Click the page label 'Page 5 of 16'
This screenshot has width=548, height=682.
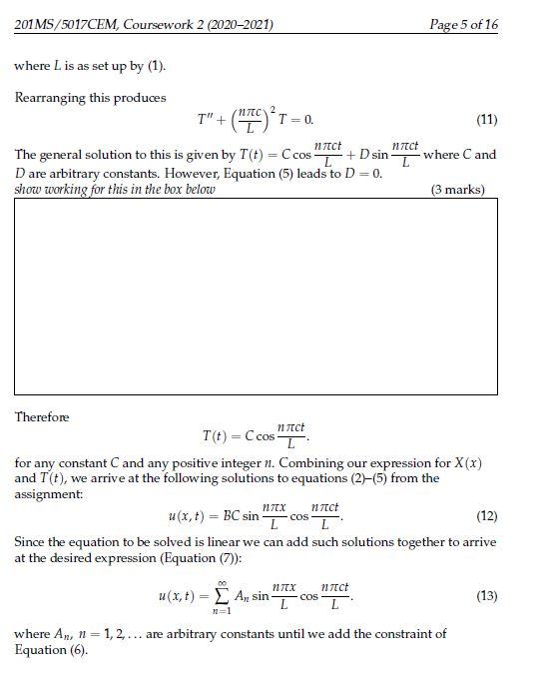pyautogui.click(x=462, y=24)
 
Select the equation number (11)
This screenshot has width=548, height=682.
pyautogui.click(x=486, y=119)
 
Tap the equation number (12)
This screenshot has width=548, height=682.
pyautogui.click(x=486, y=516)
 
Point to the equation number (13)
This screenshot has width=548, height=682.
pyautogui.click(x=486, y=595)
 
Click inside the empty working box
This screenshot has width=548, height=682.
pyautogui.click(x=256, y=296)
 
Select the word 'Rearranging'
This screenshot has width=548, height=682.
pyautogui.click(x=49, y=98)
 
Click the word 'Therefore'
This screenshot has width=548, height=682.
pyautogui.click(x=42, y=416)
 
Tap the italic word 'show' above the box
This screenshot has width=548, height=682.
pyautogui.click(x=29, y=190)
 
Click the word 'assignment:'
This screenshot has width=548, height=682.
pyautogui.click(x=48, y=493)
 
